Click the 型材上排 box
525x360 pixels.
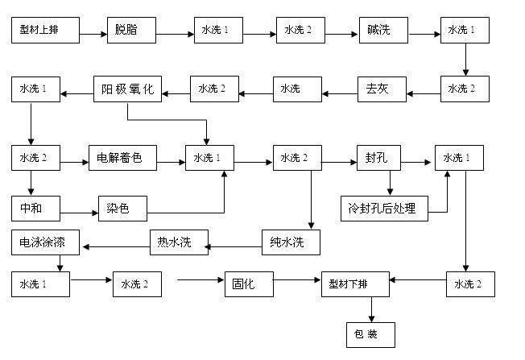click(46, 32)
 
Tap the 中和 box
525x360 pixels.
click(37, 209)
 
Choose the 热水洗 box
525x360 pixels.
click(178, 242)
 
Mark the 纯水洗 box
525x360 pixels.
click(290, 242)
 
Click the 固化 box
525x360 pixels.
click(245, 284)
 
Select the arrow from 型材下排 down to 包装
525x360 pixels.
click(371, 308)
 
